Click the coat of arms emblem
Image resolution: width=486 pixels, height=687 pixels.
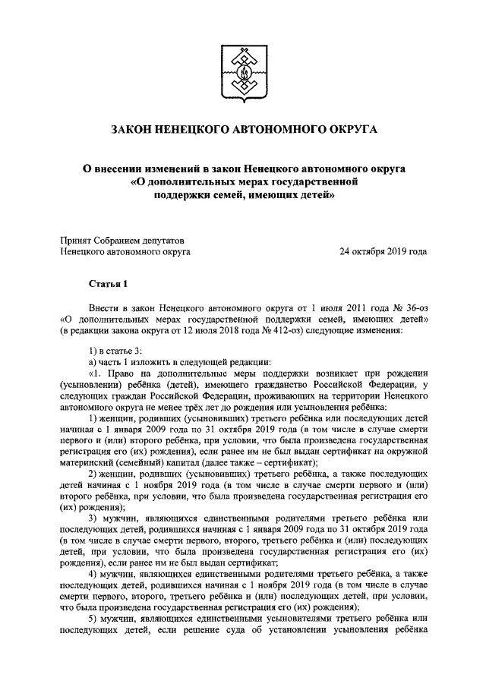click(x=243, y=72)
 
